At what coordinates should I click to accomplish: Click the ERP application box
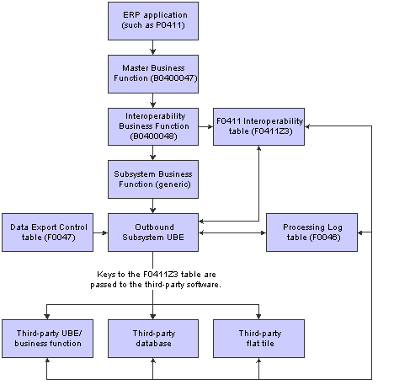point(152,21)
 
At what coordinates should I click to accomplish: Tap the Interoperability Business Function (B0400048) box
point(152,126)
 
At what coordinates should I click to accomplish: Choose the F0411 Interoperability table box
point(258,126)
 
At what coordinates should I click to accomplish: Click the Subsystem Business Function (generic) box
point(152,179)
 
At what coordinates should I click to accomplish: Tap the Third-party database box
point(152,339)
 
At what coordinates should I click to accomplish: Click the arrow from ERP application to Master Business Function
point(152,48)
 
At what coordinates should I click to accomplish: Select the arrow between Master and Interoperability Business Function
point(152,100)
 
